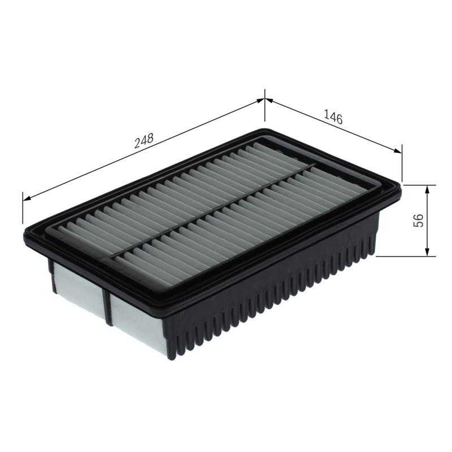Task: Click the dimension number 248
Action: click(x=144, y=142)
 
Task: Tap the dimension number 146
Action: click(x=333, y=117)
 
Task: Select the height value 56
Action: click(x=419, y=220)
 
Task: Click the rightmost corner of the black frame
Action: click(x=401, y=189)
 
